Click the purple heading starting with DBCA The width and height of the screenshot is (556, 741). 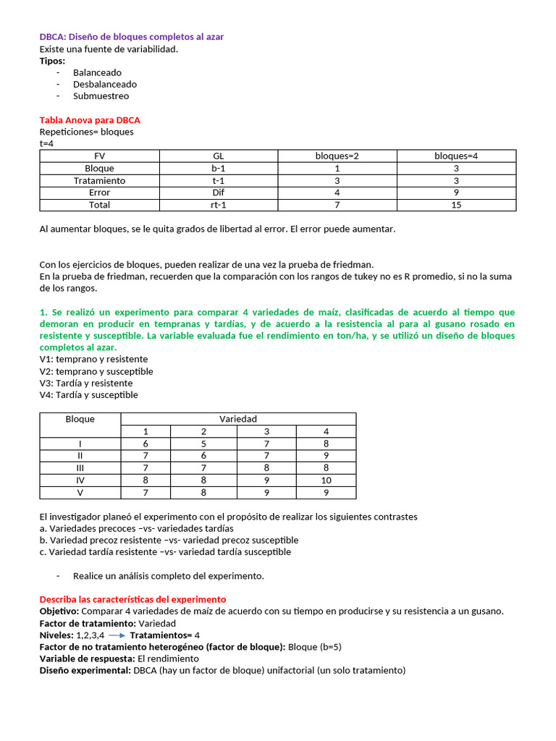(x=136, y=37)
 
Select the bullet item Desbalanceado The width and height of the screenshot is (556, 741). (x=104, y=84)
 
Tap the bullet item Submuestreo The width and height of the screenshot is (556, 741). (x=101, y=96)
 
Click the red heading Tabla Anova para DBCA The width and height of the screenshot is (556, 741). (x=90, y=120)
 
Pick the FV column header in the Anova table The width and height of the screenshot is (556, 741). (x=100, y=156)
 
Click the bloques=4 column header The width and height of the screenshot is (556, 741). (x=456, y=156)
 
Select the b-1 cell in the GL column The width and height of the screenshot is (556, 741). (x=219, y=168)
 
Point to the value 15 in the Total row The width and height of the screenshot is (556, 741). (x=456, y=205)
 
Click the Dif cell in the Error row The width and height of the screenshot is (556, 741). (x=219, y=192)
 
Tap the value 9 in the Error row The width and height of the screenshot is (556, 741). (x=456, y=192)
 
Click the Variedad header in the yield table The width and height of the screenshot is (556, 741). (x=238, y=419)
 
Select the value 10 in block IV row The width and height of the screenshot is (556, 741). (x=326, y=480)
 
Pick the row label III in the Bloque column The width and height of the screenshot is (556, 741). (x=80, y=467)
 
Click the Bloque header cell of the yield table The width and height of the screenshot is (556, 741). (x=80, y=419)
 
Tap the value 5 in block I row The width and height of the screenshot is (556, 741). (x=203, y=443)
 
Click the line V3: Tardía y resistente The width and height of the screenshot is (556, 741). (x=86, y=383)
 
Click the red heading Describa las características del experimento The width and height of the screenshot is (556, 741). (x=132, y=600)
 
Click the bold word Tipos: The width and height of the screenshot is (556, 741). (x=52, y=61)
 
